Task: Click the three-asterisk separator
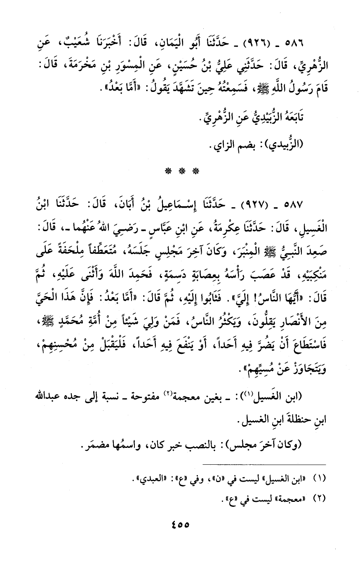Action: click(x=180, y=171)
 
